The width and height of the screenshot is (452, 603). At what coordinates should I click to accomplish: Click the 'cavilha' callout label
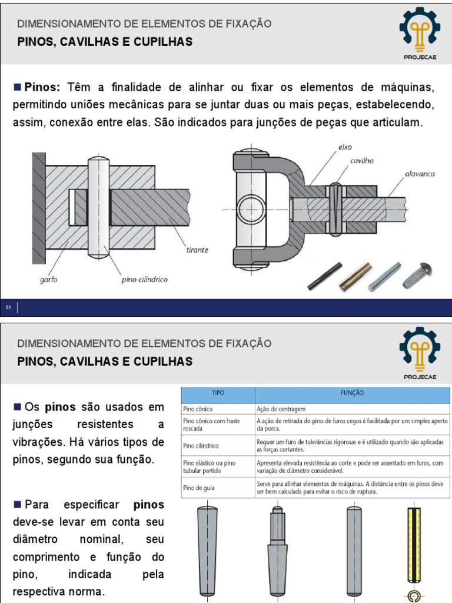(362, 160)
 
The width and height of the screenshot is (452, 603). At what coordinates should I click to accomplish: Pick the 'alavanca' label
(420, 174)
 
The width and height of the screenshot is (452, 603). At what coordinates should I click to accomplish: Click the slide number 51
(9, 307)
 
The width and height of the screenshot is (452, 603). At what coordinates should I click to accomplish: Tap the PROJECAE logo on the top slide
(419, 32)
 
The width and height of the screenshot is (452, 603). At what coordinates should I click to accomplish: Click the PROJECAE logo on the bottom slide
(419, 353)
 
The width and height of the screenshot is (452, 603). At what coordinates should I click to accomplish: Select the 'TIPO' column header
(217, 392)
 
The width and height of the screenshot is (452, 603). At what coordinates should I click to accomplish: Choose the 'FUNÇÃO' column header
(352, 392)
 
